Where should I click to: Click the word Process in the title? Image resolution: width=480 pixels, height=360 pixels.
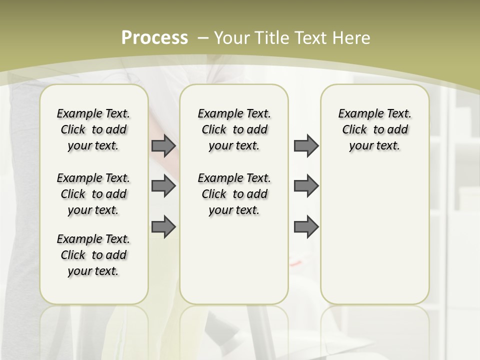[154, 38]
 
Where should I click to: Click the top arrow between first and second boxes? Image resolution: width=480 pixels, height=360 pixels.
[163, 146]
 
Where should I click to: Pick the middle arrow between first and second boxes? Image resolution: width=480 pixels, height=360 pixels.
[163, 186]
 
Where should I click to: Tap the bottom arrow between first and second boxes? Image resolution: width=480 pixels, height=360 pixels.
[163, 226]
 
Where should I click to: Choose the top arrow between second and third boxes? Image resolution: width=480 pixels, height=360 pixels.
[306, 146]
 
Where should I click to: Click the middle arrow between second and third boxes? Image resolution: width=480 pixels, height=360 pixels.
[306, 186]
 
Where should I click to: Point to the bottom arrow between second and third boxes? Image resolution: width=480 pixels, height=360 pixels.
[306, 226]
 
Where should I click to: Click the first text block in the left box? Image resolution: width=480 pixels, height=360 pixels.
[93, 129]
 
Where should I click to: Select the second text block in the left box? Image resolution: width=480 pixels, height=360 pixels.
[93, 194]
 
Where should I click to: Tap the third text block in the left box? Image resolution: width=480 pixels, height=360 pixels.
[93, 255]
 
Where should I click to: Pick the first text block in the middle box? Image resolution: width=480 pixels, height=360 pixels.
[234, 129]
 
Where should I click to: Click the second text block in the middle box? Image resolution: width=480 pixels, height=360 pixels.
[234, 194]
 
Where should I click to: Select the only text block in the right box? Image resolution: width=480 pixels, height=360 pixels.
[374, 129]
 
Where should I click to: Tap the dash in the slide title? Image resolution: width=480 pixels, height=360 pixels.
[203, 38]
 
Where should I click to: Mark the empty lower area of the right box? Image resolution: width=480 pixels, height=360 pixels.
[374, 235]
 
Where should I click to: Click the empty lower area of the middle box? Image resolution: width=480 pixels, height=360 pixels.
[234, 260]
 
